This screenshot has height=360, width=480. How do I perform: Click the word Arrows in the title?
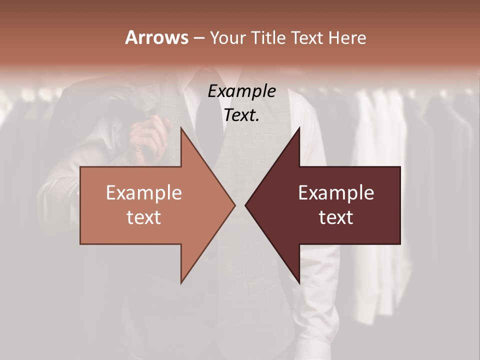point(156,37)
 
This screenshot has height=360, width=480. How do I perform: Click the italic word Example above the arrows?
point(241,91)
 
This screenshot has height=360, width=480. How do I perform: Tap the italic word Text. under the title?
point(241,115)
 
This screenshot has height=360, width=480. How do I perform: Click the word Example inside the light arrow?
point(144,193)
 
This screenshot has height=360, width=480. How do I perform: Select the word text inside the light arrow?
point(144,217)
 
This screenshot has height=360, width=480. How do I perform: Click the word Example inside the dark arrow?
point(336,193)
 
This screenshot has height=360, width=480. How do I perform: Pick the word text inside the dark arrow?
point(336,217)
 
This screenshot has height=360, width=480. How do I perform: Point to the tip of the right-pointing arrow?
point(235,205)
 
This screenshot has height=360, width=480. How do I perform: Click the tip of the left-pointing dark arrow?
point(245,205)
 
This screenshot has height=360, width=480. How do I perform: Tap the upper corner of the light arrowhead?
point(181,128)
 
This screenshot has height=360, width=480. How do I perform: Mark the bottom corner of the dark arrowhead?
point(299,283)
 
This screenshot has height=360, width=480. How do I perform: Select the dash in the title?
point(198,38)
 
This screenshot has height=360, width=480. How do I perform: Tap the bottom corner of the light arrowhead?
point(181,283)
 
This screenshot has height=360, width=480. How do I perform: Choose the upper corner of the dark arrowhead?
point(299,128)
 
